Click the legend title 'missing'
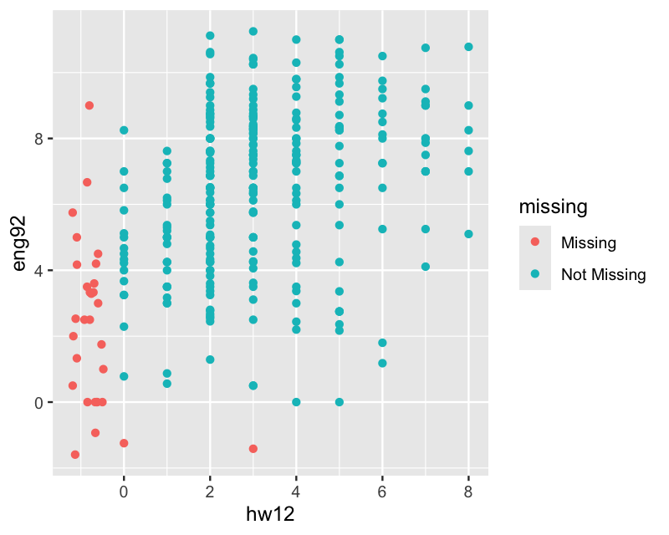553,206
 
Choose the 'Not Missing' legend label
604,274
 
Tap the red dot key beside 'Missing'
535,242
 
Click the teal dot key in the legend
535,274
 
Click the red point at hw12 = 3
253,449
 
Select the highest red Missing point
89,105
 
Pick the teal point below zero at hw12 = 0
124,443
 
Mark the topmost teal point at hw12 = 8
468,47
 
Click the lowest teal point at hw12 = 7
426,267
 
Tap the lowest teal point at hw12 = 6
382,363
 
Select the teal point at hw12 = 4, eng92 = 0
296,402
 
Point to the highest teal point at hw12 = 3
253,32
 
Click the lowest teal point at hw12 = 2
210,359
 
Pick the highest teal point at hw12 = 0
124,130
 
